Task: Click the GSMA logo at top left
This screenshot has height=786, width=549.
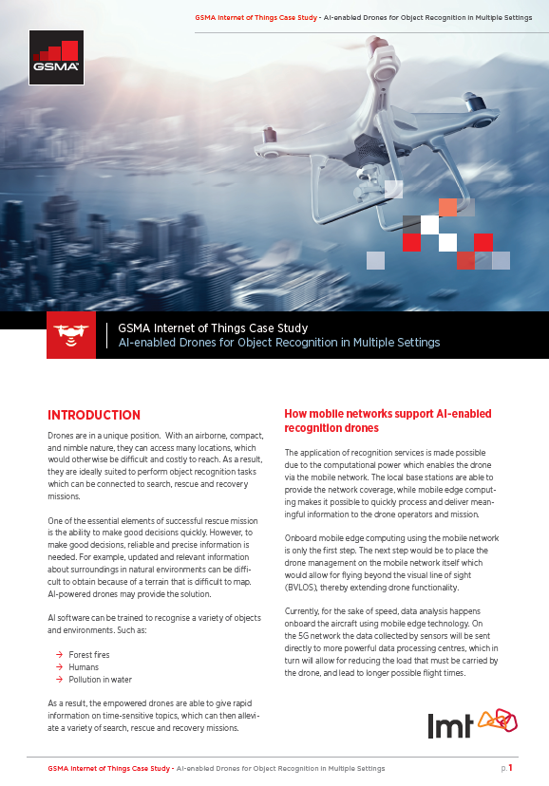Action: [56, 58]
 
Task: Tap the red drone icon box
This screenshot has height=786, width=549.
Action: [71, 335]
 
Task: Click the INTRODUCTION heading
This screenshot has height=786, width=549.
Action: [94, 415]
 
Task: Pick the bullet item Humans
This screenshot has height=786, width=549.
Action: [84, 667]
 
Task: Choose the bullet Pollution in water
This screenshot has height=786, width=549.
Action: [101, 680]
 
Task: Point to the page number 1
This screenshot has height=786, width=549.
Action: [510, 768]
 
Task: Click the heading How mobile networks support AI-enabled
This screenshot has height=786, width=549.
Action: [388, 414]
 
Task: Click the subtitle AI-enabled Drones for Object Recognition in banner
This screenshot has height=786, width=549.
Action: [278, 343]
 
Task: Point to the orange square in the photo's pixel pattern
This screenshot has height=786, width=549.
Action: [447, 207]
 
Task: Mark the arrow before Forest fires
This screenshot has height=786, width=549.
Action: [60, 654]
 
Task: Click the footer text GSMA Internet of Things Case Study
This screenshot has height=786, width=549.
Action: [109, 768]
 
